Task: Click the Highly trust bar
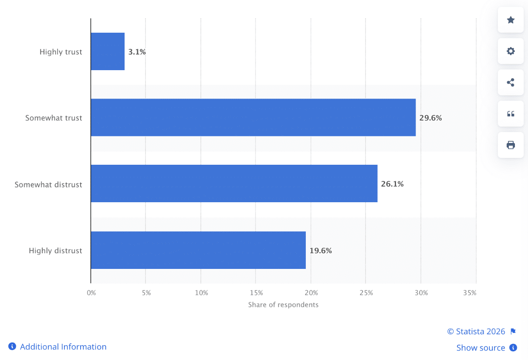pyautogui.click(x=108, y=51)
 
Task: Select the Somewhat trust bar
pyautogui.click(x=254, y=117)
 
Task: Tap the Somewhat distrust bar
pyautogui.click(x=234, y=183)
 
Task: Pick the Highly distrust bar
pyautogui.click(x=199, y=250)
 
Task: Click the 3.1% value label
pyautogui.click(x=137, y=52)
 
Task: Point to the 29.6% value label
pyautogui.click(x=430, y=118)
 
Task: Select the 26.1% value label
pyautogui.click(x=392, y=184)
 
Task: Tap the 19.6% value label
pyautogui.click(x=321, y=251)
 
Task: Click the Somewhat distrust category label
pyautogui.click(x=48, y=185)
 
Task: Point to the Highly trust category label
pyautogui.click(x=61, y=52)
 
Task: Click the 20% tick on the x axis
pyautogui.click(x=311, y=293)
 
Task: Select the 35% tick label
pyautogui.click(x=470, y=293)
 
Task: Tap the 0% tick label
pyautogui.click(x=91, y=293)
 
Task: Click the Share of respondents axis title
pyautogui.click(x=283, y=305)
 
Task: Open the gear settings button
pyautogui.click(x=511, y=51)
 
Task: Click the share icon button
pyautogui.click(x=511, y=82)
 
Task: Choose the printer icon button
pyautogui.click(x=511, y=145)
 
